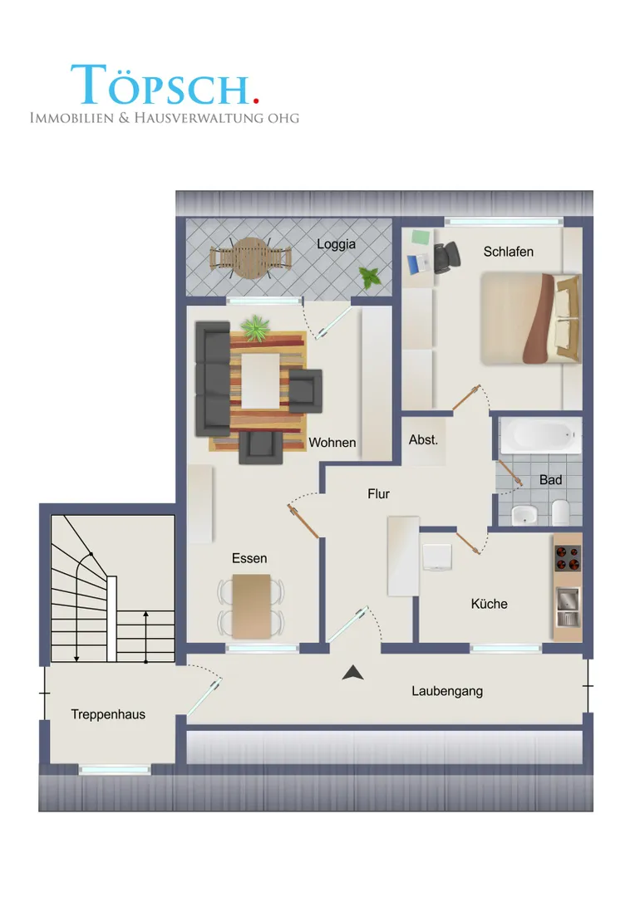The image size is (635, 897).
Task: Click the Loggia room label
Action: [x=336, y=244]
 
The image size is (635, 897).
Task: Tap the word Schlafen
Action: [x=508, y=252]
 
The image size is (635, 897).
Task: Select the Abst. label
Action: [x=423, y=440]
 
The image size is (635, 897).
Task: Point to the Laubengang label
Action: [x=447, y=691]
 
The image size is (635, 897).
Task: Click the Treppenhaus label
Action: [x=108, y=714]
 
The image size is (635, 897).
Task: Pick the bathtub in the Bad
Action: [x=540, y=436]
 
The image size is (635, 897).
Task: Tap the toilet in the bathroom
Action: [x=560, y=513]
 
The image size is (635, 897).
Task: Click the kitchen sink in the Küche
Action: [x=568, y=607]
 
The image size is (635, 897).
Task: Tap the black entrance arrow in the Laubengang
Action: [x=352, y=673]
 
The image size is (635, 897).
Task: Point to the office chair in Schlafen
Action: [x=446, y=257]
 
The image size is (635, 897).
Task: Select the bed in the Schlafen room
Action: [x=531, y=318]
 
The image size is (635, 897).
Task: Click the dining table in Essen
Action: [x=251, y=606]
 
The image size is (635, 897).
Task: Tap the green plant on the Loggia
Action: [x=369, y=277]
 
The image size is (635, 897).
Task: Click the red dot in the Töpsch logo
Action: [x=255, y=100]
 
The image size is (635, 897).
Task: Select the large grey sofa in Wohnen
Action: [x=213, y=379]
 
